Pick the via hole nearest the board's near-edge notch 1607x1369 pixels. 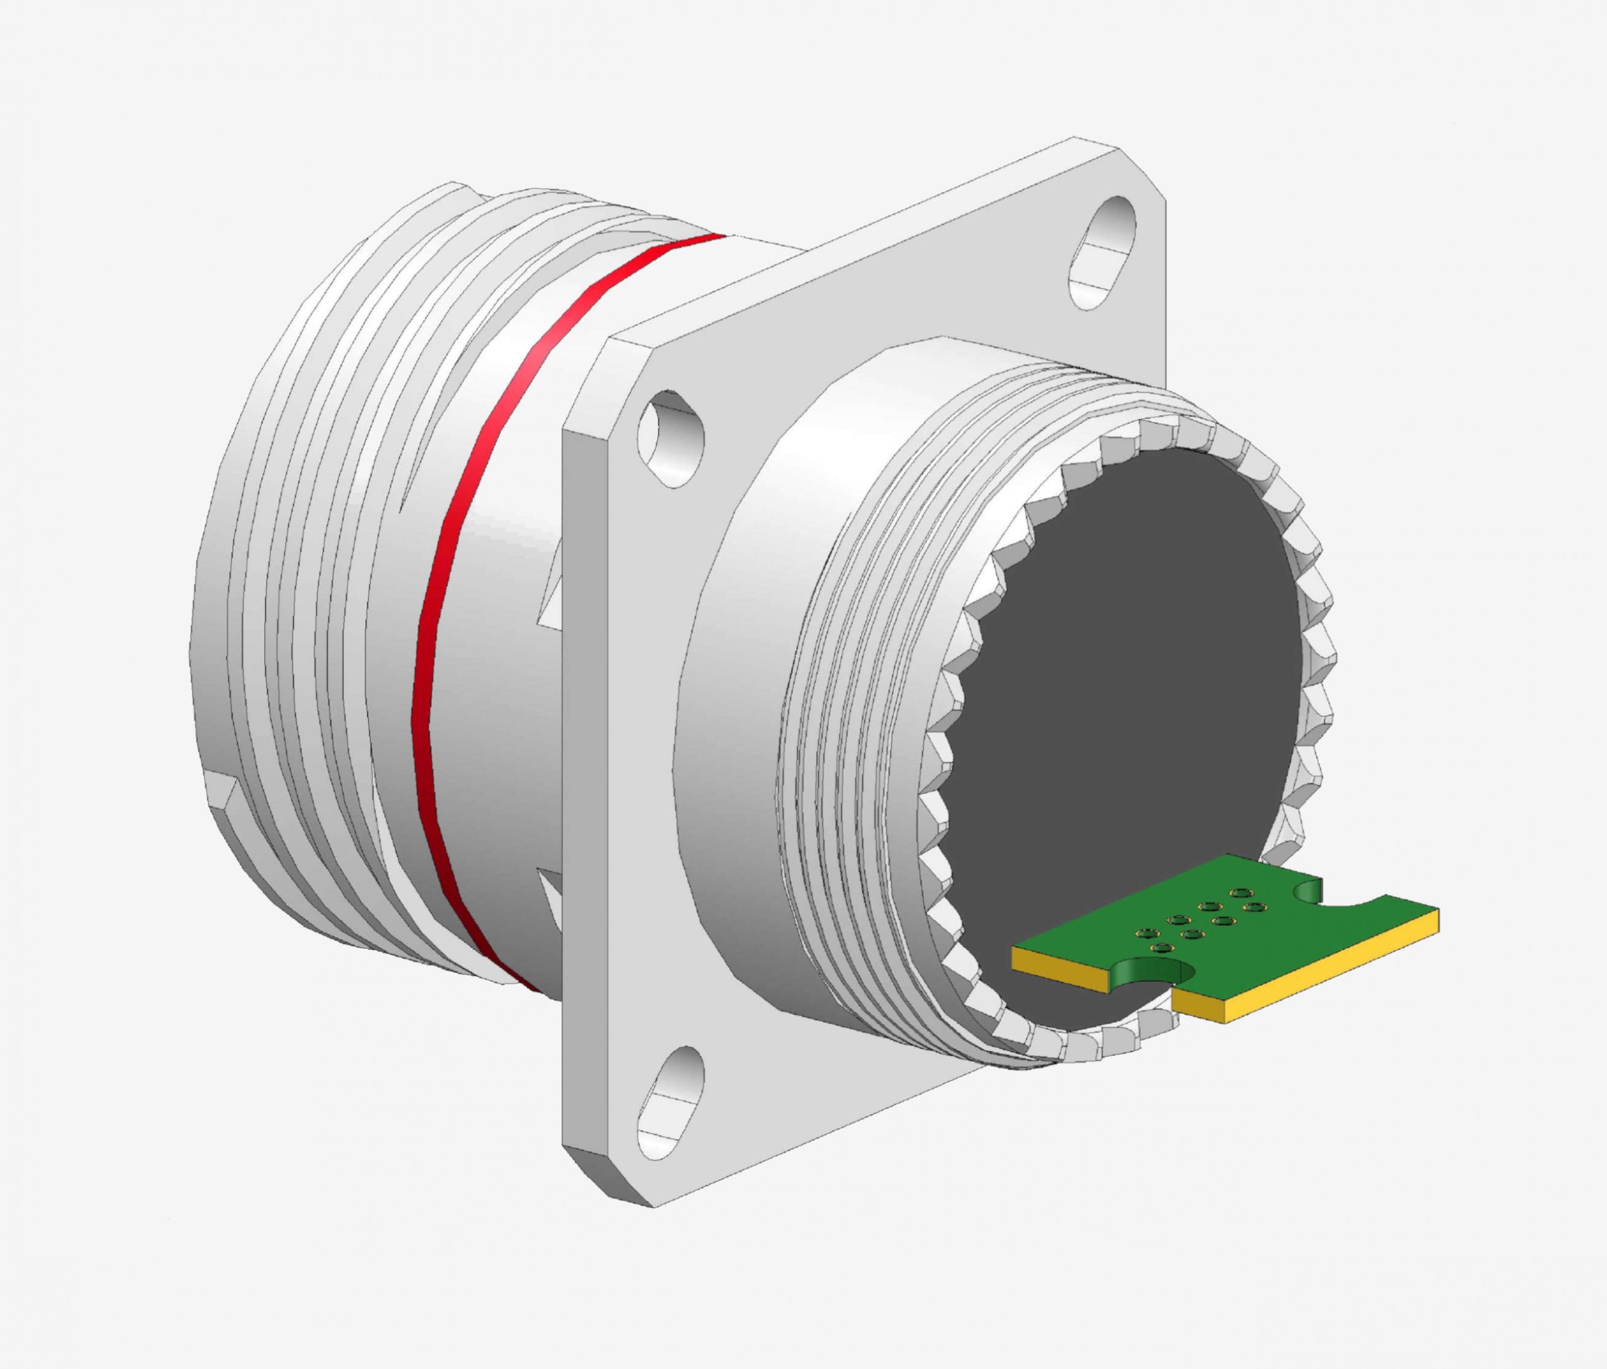(1161, 948)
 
